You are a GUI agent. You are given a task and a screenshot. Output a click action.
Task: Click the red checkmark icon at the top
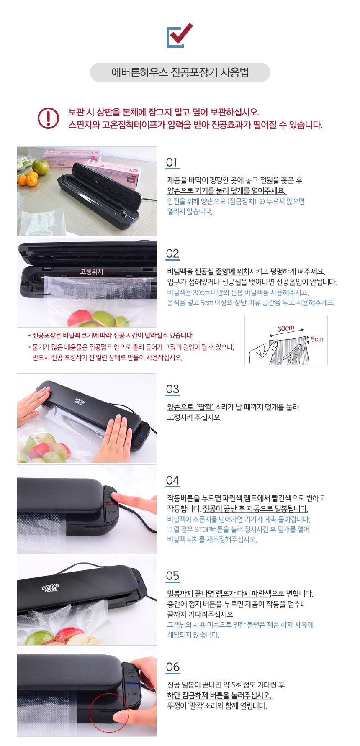180,35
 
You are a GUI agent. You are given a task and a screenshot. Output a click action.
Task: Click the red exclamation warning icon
48,118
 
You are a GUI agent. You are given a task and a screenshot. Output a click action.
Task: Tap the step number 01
172,162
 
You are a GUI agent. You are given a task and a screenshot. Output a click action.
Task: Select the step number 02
172,254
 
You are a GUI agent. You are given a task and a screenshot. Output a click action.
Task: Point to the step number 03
172,389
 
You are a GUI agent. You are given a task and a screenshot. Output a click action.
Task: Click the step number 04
172,480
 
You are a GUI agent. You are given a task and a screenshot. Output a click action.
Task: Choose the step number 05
172,576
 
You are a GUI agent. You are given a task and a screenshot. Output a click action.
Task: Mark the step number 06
172,667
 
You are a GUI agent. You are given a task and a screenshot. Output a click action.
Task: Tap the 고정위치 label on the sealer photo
92,272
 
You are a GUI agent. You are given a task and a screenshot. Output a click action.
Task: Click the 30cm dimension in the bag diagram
285,328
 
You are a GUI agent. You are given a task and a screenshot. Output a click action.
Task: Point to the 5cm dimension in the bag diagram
317,339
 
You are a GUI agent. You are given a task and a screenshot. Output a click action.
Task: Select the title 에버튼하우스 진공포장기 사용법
180,72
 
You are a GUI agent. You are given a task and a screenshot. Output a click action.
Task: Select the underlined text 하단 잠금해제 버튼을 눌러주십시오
219,695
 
